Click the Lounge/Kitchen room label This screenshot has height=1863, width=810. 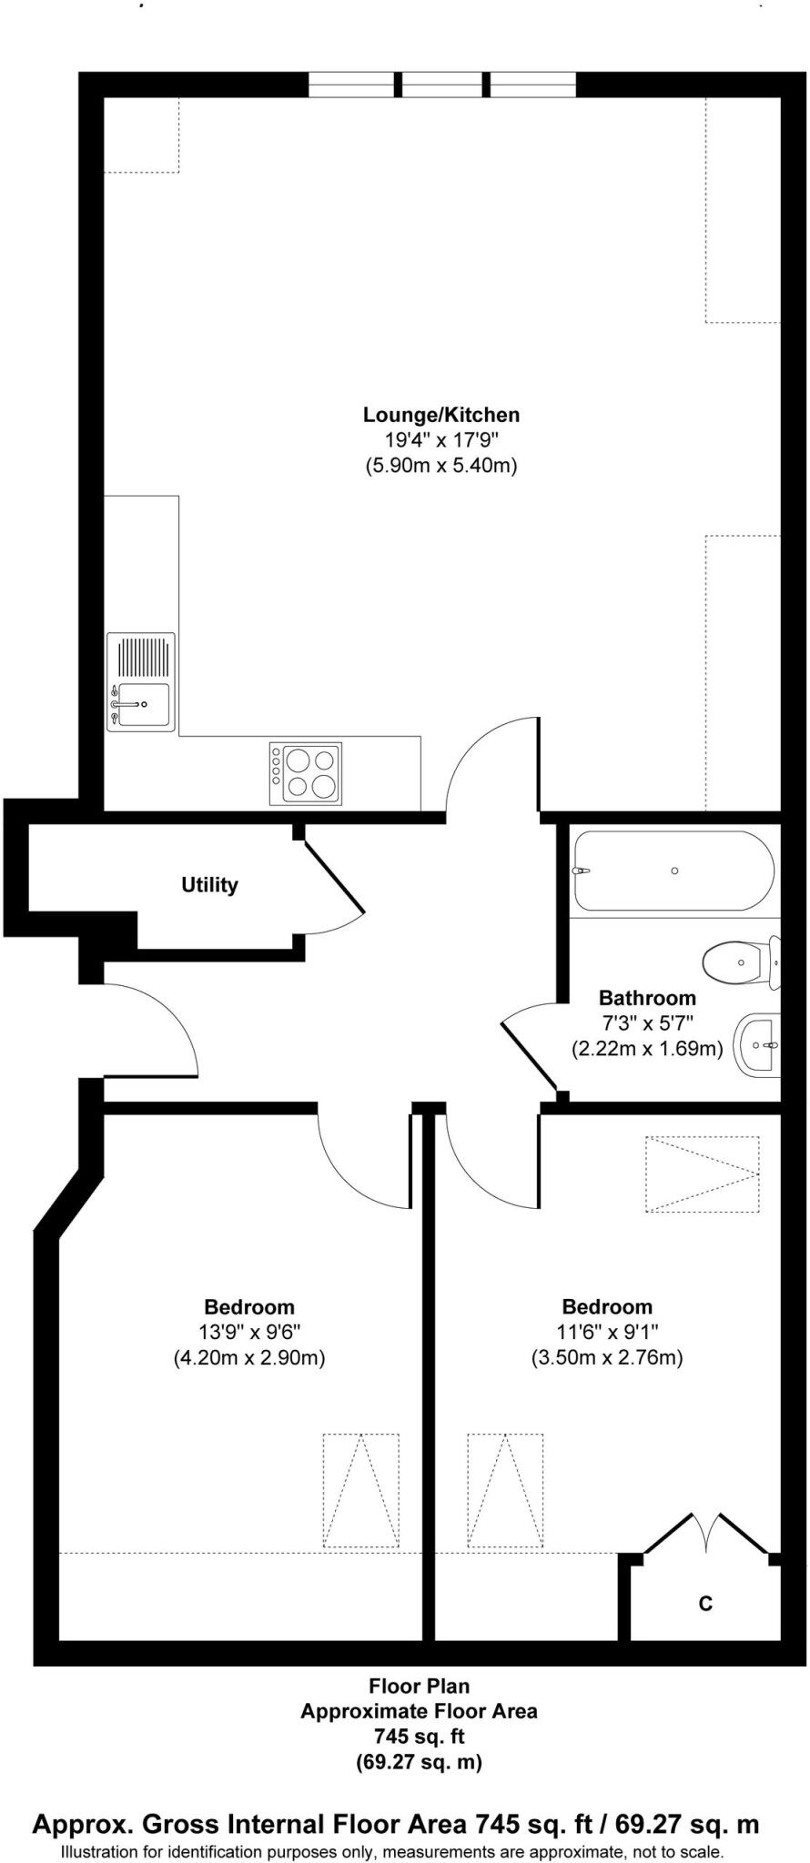pyautogui.click(x=441, y=415)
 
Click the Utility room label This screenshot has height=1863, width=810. pyautogui.click(x=209, y=885)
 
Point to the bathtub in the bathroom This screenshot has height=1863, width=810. pyautogui.click(x=673, y=871)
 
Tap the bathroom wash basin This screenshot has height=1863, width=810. pyautogui.click(x=758, y=1045)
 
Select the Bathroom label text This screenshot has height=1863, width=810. pyautogui.click(x=647, y=997)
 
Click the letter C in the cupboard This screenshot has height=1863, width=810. pyautogui.click(x=705, y=1603)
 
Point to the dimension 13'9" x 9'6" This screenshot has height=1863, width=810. pyautogui.click(x=249, y=1333)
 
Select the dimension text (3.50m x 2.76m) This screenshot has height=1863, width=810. pyautogui.click(x=607, y=1358)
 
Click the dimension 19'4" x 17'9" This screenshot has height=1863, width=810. pyautogui.click(x=441, y=440)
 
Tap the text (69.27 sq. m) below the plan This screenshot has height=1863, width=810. pyautogui.click(x=419, y=1762)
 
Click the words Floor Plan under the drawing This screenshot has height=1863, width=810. pyautogui.click(x=419, y=1686)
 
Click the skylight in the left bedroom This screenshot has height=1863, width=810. pyautogui.click(x=360, y=1491)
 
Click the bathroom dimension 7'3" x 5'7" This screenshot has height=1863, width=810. pyautogui.click(x=647, y=1022)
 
